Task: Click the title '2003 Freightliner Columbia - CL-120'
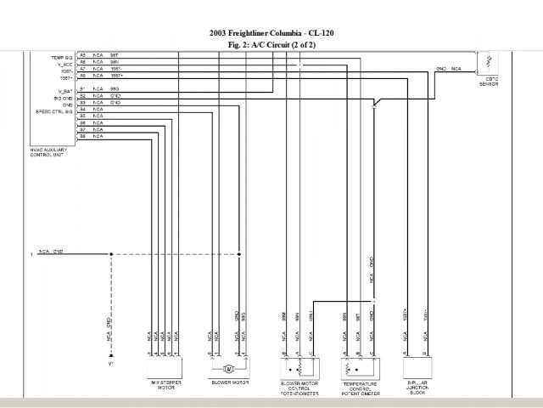click(271, 32)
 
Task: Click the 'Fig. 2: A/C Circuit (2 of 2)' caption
click(271, 43)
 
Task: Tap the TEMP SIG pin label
click(62, 55)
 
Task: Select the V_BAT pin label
click(64, 88)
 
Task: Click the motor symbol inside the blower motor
click(228, 369)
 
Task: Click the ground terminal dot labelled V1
click(109, 355)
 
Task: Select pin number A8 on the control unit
click(82, 76)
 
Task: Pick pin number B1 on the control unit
click(82, 89)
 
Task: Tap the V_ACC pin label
click(64, 62)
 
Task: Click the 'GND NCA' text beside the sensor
click(449, 68)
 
